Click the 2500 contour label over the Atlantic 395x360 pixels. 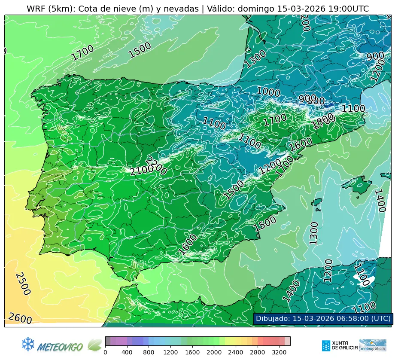tap(23, 284)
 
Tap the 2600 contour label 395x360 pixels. tap(20, 318)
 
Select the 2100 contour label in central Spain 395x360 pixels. tap(141, 171)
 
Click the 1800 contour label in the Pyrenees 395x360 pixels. tap(323, 122)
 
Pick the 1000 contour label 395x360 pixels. tap(268, 92)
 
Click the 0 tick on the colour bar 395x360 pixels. tap(105, 352)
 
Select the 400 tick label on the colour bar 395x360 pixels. tap(127, 352)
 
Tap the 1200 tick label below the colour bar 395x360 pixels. tap(170, 352)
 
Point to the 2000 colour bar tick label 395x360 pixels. tap(214, 352)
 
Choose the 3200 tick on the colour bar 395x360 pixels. tap(279, 352)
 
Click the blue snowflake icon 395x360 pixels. tap(28, 344)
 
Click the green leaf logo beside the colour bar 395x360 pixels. tap(94, 345)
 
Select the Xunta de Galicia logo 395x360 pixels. tap(339, 345)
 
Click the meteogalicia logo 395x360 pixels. tap(373, 345)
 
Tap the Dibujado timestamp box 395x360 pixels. tap(323, 318)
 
